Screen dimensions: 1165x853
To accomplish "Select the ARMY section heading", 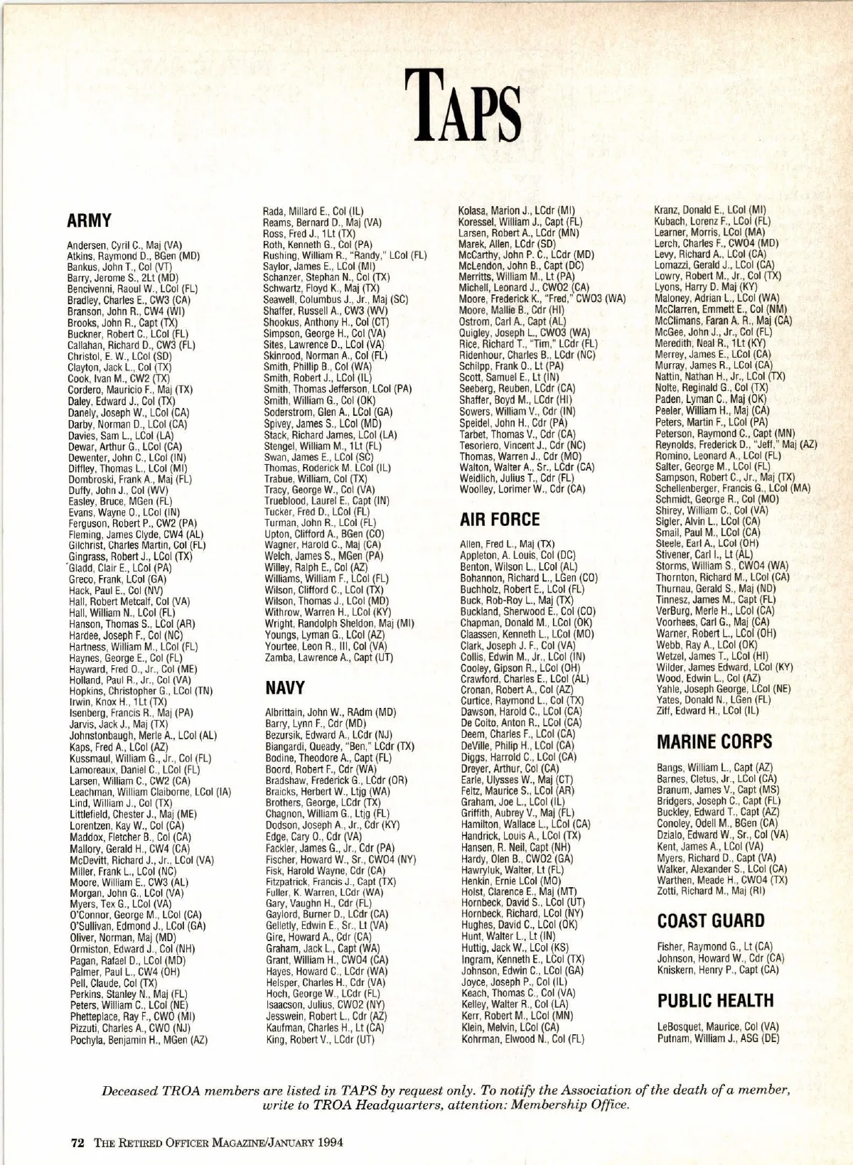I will coord(89,221).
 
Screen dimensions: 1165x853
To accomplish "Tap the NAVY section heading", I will coord(285,687).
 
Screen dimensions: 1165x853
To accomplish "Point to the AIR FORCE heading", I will coord(500,519).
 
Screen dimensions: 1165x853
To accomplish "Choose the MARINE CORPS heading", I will coord(714,742).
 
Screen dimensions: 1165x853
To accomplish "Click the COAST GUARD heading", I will coord(711,920).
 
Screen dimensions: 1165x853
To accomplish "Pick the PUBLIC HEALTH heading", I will coord(715,1001).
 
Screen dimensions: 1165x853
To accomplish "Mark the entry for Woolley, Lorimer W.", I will coord(522,489).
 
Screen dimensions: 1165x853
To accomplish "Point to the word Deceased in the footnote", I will coord(130,1090).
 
